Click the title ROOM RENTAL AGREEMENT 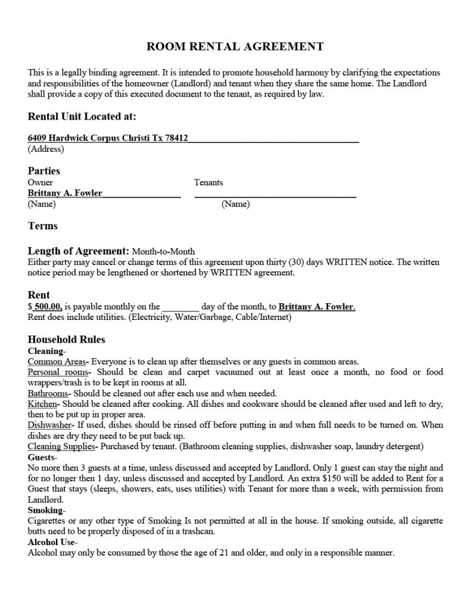235,46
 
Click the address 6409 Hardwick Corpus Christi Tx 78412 108,138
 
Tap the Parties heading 44,171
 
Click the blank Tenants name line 275,193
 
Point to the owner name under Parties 65,193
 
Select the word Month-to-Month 163,252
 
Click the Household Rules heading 67,340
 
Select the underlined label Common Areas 57,362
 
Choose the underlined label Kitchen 42,404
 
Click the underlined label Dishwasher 50,425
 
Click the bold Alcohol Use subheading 51,543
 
